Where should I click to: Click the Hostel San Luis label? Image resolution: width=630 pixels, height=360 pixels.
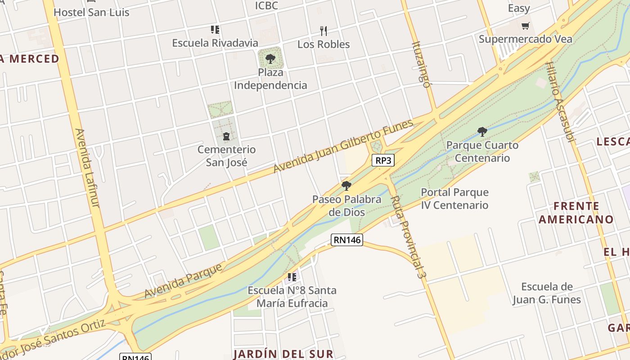(91, 12)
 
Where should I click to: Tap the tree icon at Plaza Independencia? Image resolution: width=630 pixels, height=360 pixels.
(270, 58)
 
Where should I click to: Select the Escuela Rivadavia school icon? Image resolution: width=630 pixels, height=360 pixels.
(215, 30)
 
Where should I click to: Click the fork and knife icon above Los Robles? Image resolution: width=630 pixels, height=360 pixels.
(323, 31)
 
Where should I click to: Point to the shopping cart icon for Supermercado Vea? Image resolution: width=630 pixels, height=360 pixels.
(525, 26)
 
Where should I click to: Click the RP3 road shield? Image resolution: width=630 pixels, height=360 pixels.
(383, 160)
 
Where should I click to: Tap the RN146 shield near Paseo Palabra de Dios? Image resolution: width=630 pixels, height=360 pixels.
(347, 240)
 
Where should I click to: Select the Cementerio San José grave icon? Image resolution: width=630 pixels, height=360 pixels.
(226, 136)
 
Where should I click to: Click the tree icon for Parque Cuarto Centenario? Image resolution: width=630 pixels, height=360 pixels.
(482, 132)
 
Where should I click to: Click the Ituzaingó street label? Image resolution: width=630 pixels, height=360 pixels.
(421, 64)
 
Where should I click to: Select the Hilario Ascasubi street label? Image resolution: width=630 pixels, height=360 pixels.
(560, 102)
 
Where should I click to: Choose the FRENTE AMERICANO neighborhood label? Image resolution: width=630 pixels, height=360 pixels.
(576, 213)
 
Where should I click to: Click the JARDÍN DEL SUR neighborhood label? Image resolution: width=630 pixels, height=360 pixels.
(283, 354)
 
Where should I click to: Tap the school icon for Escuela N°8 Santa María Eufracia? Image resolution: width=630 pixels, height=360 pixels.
(292, 277)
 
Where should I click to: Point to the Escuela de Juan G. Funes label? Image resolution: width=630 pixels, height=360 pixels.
(547, 293)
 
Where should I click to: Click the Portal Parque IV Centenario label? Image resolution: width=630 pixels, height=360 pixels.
(454, 198)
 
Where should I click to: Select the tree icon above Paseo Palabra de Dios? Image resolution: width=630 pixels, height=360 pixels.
(346, 186)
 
